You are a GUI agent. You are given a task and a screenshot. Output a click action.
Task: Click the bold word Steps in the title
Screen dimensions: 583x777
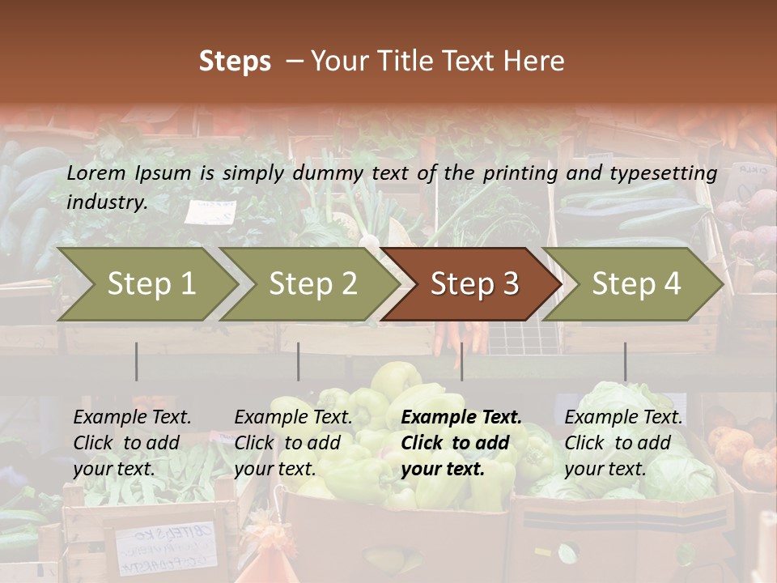pos(235,62)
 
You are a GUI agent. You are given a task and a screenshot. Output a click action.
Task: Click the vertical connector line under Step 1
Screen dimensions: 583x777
pos(137,361)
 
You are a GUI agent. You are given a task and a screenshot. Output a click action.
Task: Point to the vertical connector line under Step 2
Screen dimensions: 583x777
pos(299,361)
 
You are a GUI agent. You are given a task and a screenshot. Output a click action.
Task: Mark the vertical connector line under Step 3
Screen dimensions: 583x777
pos(461,361)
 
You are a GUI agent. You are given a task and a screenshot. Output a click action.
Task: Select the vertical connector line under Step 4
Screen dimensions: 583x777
pos(625,361)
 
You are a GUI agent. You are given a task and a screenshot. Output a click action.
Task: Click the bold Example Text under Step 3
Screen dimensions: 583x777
pos(461,443)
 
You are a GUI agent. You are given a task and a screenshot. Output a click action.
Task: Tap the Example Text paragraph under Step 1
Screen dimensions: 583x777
pos(132,443)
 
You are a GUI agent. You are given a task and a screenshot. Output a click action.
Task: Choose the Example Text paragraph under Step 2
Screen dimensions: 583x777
pos(293,443)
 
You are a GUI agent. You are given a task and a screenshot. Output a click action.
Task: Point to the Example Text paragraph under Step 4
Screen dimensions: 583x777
pos(623,443)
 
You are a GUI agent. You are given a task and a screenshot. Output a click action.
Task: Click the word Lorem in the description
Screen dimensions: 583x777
pos(96,172)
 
